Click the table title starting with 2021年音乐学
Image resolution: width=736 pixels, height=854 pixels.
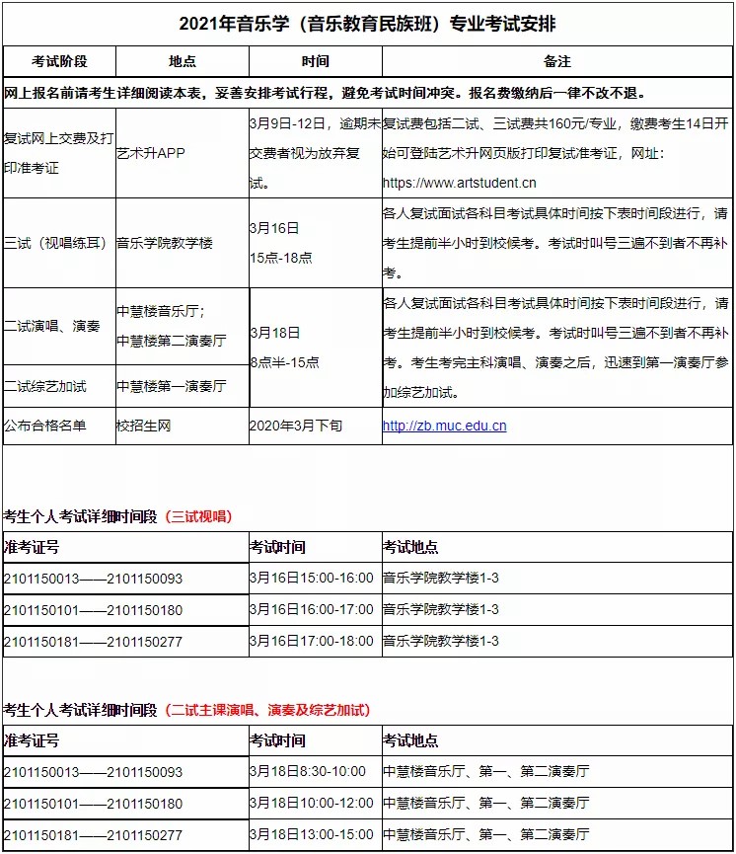(x=367, y=23)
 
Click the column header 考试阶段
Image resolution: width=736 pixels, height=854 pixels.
(x=59, y=61)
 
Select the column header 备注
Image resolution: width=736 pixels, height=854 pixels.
(x=557, y=61)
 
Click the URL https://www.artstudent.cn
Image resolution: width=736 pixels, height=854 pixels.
(x=459, y=183)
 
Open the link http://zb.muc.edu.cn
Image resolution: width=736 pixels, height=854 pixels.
(x=444, y=426)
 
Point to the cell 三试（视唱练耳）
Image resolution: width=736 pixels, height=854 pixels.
(x=56, y=243)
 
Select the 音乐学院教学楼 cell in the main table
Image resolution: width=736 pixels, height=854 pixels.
(x=164, y=243)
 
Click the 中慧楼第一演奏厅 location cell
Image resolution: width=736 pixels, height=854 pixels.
(x=171, y=386)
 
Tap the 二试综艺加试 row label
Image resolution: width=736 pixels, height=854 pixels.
(x=45, y=386)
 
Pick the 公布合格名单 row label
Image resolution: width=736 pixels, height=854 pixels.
(x=45, y=426)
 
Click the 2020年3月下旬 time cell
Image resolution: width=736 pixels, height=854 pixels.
(x=296, y=426)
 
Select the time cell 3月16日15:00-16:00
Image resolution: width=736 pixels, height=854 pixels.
(x=311, y=579)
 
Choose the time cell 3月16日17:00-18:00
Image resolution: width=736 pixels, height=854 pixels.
(x=311, y=641)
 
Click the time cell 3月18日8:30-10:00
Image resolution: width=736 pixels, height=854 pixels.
(x=307, y=771)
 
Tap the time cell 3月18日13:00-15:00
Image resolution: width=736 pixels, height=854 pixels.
(x=311, y=834)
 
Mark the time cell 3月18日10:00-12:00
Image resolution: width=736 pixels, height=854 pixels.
(x=311, y=803)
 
